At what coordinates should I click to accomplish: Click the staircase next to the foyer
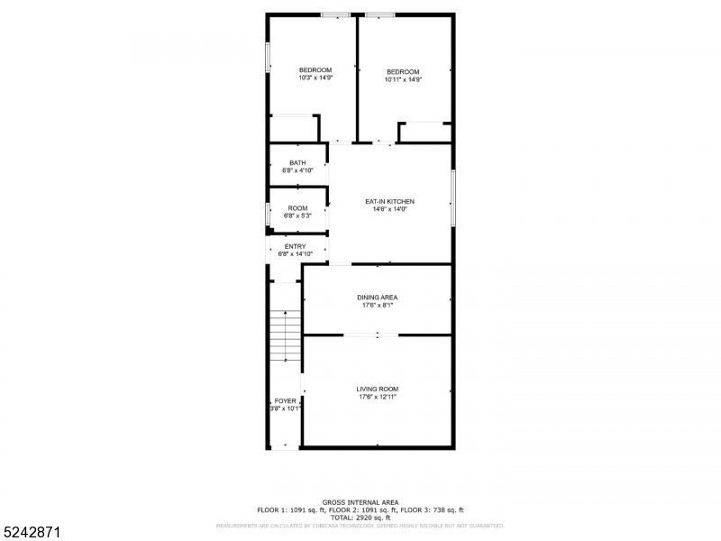click(285, 335)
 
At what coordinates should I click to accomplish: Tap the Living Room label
click(377, 389)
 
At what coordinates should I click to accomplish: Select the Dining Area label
click(377, 297)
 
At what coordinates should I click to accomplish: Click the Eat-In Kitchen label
click(389, 201)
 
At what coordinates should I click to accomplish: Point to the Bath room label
click(297, 162)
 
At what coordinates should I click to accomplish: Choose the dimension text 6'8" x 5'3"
click(297, 215)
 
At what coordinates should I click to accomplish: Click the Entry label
click(295, 246)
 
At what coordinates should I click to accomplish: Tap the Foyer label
click(285, 401)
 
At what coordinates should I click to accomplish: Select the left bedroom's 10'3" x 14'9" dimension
click(315, 78)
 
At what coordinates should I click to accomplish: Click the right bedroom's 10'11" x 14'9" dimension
click(403, 79)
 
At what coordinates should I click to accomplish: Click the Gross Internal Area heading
click(360, 502)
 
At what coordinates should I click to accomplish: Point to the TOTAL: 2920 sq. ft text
click(360, 518)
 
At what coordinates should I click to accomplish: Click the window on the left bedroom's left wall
click(267, 56)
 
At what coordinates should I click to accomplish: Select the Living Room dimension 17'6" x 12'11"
click(377, 397)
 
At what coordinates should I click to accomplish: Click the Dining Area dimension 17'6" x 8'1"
click(377, 305)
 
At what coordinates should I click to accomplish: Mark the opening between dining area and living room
click(370, 335)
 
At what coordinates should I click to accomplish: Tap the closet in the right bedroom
click(425, 133)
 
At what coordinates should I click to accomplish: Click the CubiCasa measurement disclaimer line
click(360, 525)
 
